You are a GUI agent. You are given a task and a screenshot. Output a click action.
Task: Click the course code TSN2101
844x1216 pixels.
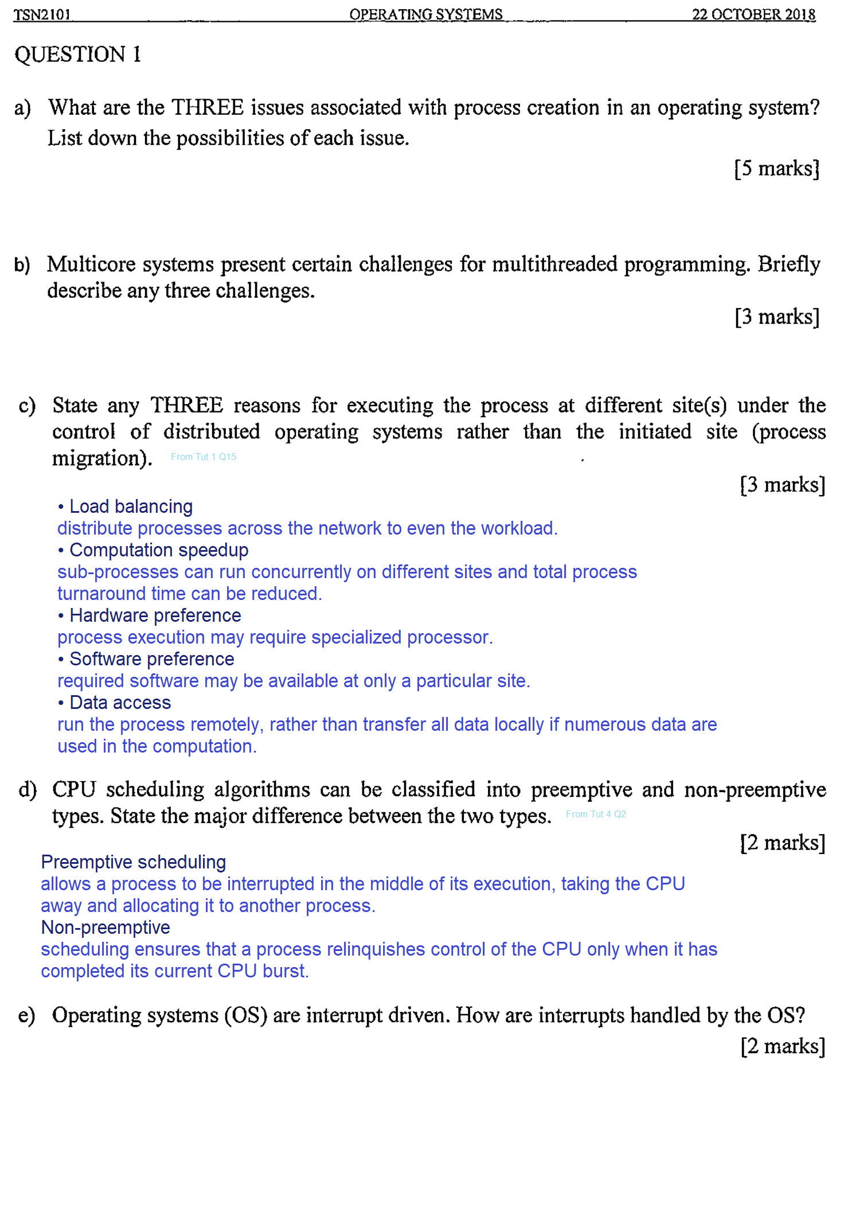pos(42,14)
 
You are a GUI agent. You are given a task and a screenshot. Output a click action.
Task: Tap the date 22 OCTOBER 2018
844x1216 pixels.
pos(753,14)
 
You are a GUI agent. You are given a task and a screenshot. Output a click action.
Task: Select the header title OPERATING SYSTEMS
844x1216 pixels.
pos(425,14)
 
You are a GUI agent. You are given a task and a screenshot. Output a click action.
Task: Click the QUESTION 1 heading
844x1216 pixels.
pos(77,54)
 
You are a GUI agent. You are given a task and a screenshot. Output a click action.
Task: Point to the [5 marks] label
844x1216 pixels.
pos(777,169)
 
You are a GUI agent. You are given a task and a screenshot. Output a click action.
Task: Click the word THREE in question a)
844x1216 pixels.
pos(208,108)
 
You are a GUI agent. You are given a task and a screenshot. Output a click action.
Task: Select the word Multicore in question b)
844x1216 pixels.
pos(91,264)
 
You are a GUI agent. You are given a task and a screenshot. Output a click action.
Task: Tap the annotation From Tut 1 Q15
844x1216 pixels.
pos(204,457)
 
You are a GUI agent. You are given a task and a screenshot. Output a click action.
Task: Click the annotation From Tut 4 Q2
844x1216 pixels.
pos(596,814)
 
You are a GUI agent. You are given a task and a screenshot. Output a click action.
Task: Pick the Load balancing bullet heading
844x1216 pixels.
pos(131,506)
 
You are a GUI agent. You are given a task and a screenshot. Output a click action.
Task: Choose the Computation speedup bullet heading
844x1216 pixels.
pos(159,550)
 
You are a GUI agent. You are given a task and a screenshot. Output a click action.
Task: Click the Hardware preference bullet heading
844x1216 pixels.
pos(155,615)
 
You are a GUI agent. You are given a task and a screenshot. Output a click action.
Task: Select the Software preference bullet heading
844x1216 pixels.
pos(151,659)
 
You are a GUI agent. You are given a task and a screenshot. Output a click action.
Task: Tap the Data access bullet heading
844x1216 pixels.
pos(120,703)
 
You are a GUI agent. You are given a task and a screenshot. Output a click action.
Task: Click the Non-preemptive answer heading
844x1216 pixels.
pos(106,927)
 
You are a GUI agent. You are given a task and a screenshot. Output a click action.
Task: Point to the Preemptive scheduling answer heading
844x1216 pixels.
pos(134,862)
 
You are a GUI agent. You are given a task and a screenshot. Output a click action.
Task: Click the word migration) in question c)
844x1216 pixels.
pos(102,459)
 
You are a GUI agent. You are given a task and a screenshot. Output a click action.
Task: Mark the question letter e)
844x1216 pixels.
pos(27,1016)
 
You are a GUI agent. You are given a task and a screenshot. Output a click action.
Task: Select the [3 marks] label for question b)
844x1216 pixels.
pos(777,317)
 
